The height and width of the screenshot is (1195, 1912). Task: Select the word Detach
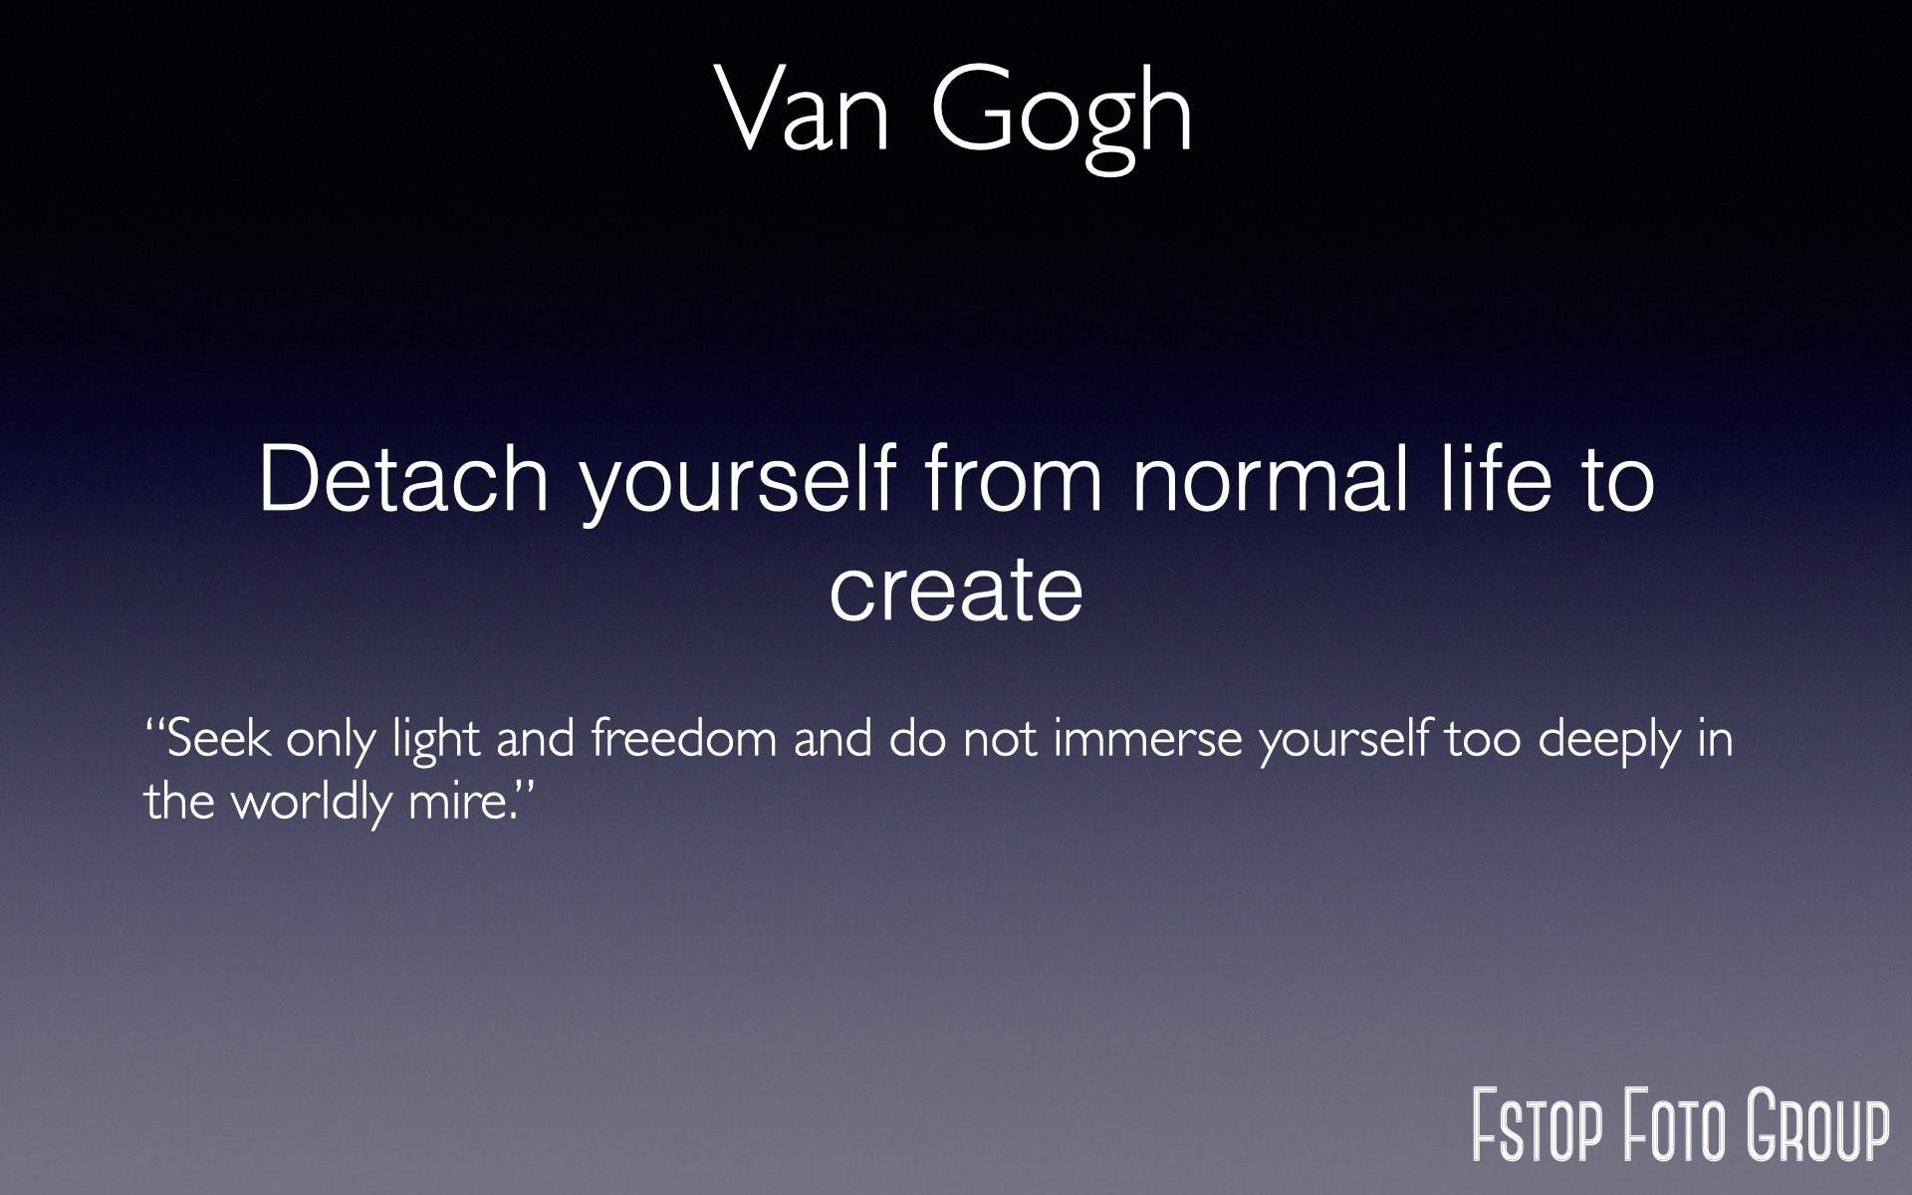tap(403, 479)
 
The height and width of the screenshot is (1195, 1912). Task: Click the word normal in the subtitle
tap(1270, 479)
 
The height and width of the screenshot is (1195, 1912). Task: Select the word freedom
tap(683, 739)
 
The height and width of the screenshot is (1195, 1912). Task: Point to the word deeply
tap(1609, 744)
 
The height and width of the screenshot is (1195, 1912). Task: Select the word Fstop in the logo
tap(1538, 1125)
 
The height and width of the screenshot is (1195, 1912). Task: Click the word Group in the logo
tap(1817, 1125)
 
